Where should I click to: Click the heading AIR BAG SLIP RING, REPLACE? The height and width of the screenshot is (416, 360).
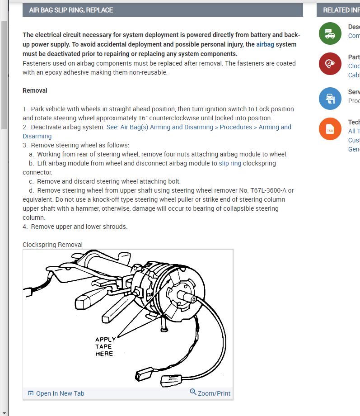71,10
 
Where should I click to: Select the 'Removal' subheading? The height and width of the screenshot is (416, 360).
35,90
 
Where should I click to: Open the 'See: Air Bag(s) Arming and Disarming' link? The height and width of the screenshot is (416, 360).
159,127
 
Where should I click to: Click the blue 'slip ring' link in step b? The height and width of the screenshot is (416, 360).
230,163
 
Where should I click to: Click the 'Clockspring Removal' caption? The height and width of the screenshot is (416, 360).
52,245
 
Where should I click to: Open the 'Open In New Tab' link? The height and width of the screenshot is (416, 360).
60,393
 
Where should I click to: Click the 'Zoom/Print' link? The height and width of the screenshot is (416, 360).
214,393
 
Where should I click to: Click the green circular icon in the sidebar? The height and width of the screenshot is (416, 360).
330,33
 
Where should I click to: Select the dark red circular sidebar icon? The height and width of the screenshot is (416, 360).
330,64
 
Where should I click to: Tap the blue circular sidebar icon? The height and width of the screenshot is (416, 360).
330,98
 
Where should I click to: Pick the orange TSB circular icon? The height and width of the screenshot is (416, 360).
330,129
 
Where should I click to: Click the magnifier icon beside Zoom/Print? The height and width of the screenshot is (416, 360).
193,392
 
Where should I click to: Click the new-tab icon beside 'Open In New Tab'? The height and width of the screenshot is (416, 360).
31,393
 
